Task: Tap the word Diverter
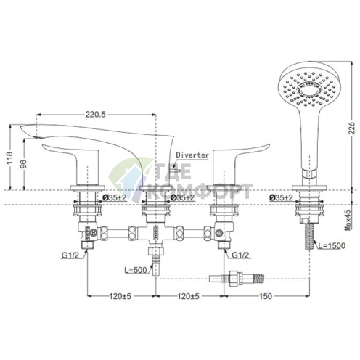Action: coord(193,155)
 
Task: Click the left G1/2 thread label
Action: coord(71,255)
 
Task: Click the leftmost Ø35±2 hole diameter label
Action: coord(112,197)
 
